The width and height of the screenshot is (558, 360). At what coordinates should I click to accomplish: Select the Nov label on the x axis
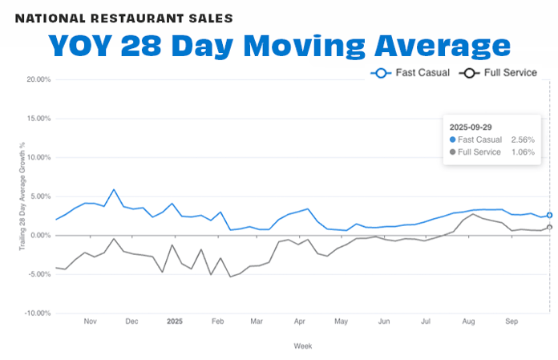tap(90, 321)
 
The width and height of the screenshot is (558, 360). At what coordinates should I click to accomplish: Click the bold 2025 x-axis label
tap(176, 321)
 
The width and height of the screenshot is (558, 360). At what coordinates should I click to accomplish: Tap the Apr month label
tap(299, 321)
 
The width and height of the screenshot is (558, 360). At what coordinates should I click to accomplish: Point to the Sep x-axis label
tap(511, 321)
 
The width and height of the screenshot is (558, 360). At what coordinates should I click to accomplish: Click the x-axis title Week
tap(303, 346)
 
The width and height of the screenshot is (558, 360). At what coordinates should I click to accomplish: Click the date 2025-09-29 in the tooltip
tap(471, 127)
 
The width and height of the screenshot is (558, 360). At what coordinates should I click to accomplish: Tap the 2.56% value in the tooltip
tap(523, 140)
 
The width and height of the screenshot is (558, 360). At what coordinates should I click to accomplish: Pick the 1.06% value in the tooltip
tap(523, 152)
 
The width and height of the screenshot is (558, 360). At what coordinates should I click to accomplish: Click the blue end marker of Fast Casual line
tap(550, 215)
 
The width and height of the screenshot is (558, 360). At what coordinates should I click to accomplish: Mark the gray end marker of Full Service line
tap(550, 227)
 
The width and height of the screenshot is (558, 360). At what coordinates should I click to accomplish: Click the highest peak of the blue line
tap(114, 190)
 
